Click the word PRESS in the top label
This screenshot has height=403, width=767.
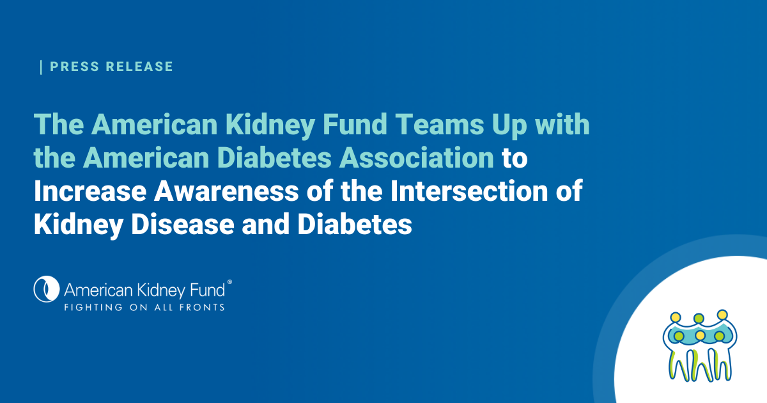[x=75, y=67]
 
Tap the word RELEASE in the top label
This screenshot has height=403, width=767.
[x=139, y=67]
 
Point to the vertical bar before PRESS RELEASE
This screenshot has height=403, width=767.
[x=41, y=67]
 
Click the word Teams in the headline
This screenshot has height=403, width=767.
[x=440, y=124]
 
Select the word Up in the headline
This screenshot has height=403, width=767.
[x=509, y=126]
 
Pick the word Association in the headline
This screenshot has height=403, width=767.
[x=417, y=157]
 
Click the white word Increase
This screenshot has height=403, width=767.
[x=90, y=191]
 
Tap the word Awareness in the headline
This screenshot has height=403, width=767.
[x=226, y=191]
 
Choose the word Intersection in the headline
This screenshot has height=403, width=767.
[x=469, y=191]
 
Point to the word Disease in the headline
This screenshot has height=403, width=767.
[x=183, y=225]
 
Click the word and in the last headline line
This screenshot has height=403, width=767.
[x=266, y=225]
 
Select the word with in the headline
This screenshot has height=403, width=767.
[x=562, y=124]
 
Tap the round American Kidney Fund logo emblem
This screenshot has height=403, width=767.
[x=47, y=289]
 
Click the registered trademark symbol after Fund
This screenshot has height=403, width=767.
[x=229, y=282]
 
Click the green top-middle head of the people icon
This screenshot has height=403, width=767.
[x=699, y=319]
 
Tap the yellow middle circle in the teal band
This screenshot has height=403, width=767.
[x=701, y=335]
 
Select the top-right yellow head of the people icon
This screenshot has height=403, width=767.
[x=722, y=315]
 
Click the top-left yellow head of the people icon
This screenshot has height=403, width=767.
[x=676, y=317]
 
